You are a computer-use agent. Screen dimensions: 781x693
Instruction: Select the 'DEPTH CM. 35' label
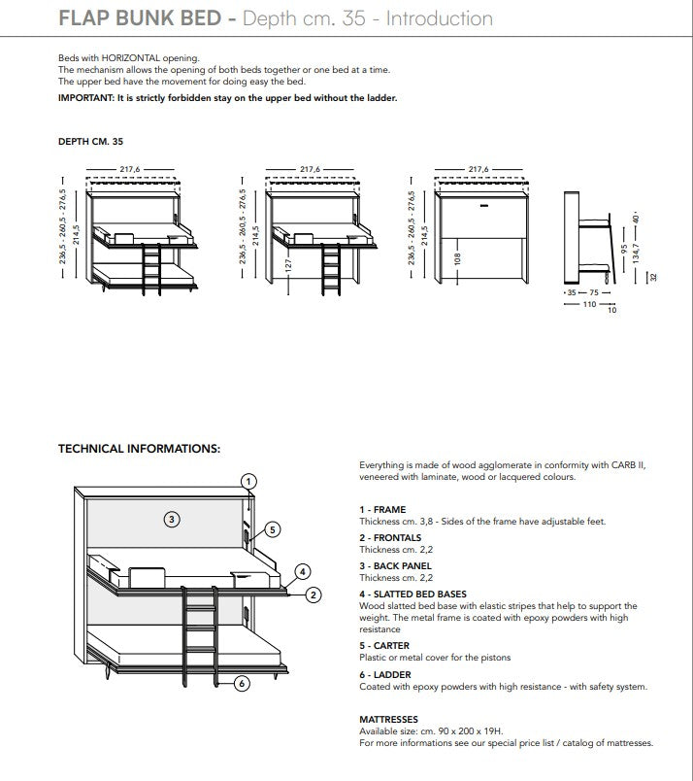point(90,141)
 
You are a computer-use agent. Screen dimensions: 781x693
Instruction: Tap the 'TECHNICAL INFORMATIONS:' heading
point(139,449)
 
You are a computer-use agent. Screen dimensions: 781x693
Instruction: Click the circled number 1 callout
point(249,481)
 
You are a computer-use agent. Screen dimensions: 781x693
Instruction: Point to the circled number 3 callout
point(171,519)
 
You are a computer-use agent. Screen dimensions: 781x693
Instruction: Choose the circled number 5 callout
point(273,529)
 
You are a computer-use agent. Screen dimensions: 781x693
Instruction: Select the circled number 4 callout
point(303,571)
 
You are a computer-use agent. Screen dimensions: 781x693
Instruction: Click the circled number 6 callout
point(242,683)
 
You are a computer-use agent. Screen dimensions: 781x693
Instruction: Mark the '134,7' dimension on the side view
point(636,261)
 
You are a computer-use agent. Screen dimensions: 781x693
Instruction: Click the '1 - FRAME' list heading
point(382,510)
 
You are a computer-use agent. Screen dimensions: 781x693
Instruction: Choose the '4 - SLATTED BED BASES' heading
point(412,594)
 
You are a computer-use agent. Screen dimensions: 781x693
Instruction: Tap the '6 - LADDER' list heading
point(385,674)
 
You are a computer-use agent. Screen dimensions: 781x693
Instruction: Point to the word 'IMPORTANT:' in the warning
point(85,98)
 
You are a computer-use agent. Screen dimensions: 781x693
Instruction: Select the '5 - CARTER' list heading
point(384,646)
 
